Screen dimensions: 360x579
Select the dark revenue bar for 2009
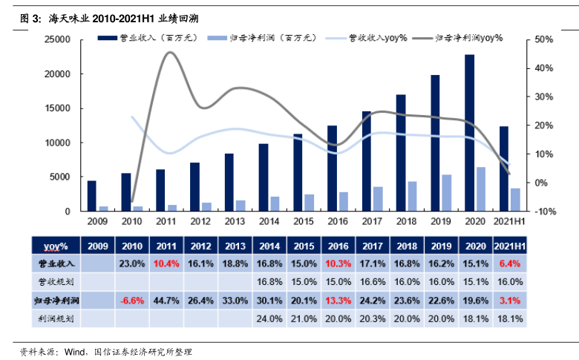(92, 196)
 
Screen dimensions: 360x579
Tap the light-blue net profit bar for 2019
(446, 193)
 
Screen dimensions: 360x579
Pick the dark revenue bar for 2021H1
(504, 168)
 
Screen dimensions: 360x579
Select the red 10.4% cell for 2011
(167, 264)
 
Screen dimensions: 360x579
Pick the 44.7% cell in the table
(167, 300)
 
